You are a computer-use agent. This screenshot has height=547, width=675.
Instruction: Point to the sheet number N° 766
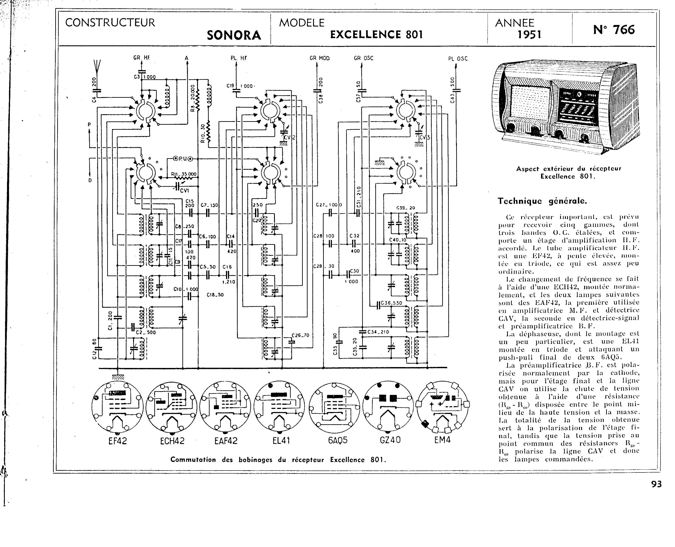[614, 30]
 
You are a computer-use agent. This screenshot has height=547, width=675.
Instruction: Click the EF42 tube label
[117, 440]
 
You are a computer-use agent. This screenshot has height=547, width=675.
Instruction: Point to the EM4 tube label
[442, 440]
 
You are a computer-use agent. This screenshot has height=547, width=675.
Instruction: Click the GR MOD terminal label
[320, 58]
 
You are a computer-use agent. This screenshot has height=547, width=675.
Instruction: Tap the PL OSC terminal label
[458, 59]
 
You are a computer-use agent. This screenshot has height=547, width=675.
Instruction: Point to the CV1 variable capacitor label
[184, 190]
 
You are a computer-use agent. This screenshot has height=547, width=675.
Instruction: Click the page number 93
[656, 484]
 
